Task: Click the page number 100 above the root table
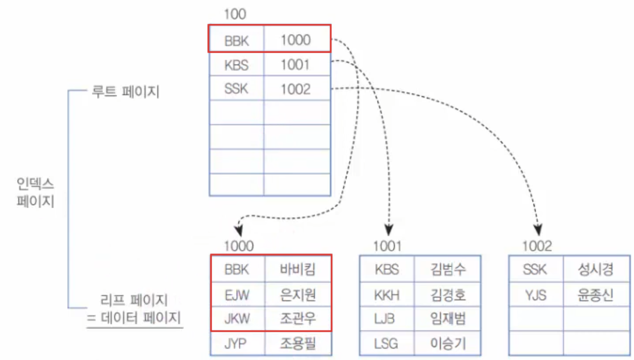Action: [x=235, y=14]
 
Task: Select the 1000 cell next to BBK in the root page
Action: [x=296, y=40]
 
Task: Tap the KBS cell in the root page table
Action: [x=237, y=65]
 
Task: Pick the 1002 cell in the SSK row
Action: [x=296, y=90]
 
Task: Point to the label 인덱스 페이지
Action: [x=35, y=193]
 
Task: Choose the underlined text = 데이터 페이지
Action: [x=134, y=319]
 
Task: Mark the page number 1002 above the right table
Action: [x=537, y=246]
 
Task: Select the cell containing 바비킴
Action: [x=298, y=269]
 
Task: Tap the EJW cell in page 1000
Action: [x=237, y=294]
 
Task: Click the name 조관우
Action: [x=298, y=319]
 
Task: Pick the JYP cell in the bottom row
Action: [x=237, y=343]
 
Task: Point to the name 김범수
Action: [x=448, y=269]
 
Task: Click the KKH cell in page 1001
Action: [x=387, y=294]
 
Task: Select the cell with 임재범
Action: [x=448, y=319]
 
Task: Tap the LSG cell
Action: [x=387, y=343]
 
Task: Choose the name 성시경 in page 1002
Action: [x=595, y=269]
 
